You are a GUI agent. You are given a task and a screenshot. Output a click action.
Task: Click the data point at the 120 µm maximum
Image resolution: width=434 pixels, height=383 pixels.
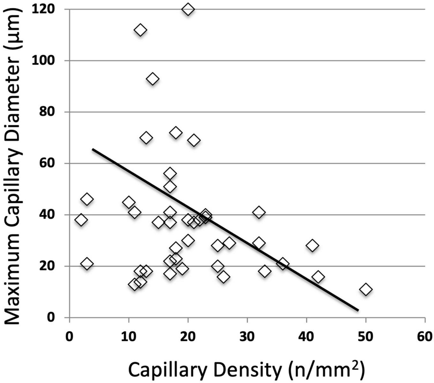tap(188, 9)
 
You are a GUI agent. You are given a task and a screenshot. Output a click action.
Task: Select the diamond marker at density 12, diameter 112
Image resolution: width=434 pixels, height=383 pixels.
tap(140, 30)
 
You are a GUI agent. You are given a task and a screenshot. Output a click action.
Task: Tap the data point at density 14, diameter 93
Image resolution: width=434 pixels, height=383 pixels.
tap(153, 79)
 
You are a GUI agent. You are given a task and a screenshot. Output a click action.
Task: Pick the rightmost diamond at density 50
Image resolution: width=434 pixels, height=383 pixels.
tap(366, 289)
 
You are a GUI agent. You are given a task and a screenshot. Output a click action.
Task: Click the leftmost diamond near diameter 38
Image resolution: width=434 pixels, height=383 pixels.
tap(81, 220)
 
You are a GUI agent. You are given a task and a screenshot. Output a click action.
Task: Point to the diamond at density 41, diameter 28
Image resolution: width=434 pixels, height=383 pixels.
tap(312, 246)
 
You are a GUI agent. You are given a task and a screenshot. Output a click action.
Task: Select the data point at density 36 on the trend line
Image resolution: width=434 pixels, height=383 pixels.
tap(282, 264)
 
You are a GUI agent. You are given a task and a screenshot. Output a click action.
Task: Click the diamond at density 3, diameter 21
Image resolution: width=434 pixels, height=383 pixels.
tap(87, 264)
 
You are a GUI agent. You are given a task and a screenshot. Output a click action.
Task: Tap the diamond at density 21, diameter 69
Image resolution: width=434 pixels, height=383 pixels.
tap(194, 140)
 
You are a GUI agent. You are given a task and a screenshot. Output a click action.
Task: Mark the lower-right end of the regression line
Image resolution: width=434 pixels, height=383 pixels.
tap(358, 310)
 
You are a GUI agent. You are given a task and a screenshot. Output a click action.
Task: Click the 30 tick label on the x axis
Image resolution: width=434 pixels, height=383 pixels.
tap(247, 337)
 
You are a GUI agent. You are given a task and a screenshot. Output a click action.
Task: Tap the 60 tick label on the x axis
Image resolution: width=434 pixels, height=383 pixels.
tap(425, 337)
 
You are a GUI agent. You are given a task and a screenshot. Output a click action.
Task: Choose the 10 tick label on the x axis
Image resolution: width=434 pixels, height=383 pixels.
tap(128, 337)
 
